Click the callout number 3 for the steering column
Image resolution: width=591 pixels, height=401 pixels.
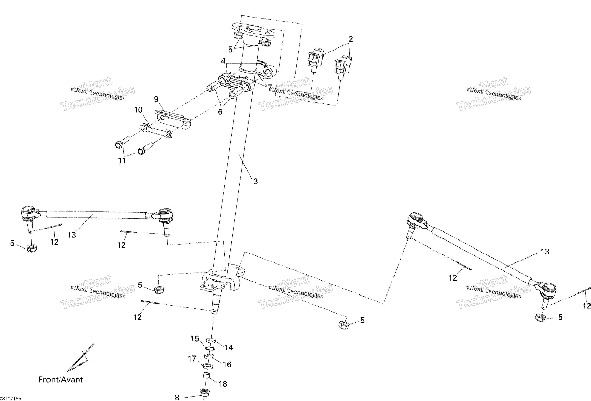[x=256, y=181]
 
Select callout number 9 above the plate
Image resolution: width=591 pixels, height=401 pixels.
[x=156, y=99]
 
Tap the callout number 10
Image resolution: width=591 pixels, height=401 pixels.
[x=138, y=110]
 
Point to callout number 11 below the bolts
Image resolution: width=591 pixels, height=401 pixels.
[x=122, y=161]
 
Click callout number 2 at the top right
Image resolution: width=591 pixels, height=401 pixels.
[x=351, y=39]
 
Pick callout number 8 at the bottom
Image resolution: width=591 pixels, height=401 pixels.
[x=177, y=397]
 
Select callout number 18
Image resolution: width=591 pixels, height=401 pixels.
[x=223, y=384]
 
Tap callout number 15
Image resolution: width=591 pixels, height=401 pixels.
[x=195, y=339]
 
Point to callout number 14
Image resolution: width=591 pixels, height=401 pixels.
[x=229, y=348]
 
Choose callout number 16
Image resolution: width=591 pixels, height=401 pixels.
[x=227, y=365]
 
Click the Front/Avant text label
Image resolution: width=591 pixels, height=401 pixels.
[x=60, y=380]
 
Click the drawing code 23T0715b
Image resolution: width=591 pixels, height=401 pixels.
[x=11, y=399]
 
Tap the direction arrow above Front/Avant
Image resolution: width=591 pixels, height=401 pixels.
[x=80, y=358]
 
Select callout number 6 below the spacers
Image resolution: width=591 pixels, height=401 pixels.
[x=220, y=112]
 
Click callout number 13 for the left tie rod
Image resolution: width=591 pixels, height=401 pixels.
[x=72, y=235]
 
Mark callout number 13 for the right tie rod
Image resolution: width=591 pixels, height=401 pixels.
[x=545, y=252]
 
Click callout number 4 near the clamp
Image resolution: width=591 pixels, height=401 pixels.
[x=223, y=61]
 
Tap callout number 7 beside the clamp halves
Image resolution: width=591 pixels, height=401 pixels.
[x=270, y=88]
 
